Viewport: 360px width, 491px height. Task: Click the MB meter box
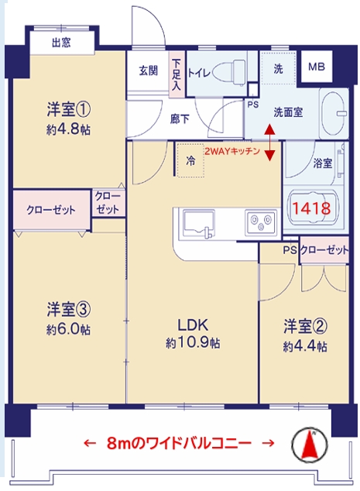(316, 67)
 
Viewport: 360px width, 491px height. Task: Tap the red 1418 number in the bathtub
(311, 208)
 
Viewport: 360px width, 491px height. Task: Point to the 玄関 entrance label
(149, 70)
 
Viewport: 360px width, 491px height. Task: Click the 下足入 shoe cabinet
(177, 74)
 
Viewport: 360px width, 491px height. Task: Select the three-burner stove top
(261, 221)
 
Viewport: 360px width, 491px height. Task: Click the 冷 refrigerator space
(190, 160)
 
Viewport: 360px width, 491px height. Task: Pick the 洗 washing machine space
(278, 68)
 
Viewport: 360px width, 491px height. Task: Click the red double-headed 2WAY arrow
(270, 142)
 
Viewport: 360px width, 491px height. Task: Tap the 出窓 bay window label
(61, 43)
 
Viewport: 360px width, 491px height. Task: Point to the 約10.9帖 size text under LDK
(193, 343)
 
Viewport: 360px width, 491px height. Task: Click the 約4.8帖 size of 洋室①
(69, 129)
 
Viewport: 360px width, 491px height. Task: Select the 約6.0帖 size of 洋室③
(69, 329)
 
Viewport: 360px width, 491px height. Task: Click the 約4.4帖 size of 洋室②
(305, 346)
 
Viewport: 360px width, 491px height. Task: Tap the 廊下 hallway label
(180, 119)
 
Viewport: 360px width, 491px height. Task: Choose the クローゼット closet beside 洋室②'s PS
(324, 250)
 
